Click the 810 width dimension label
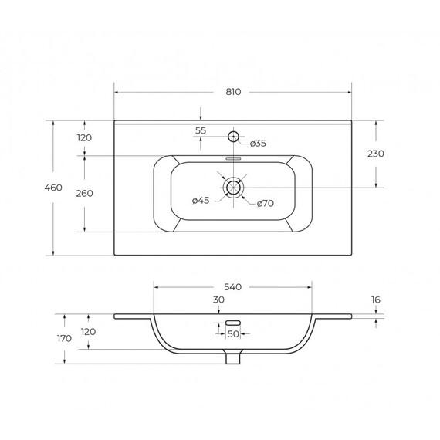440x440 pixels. (x=233, y=92)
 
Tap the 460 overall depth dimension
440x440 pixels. (x=53, y=188)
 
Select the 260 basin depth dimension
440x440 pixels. (x=84, y=193)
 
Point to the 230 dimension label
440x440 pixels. (x=376, y=154)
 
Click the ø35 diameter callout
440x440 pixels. (x=258, y=143)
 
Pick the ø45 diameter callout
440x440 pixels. (x=201, y=201)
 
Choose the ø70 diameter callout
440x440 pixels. (x=266, y=203)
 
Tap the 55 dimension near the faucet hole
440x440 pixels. (x=201, y=130)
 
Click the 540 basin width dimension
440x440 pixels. (x=232, y=287)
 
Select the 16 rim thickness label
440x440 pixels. (x=376, y=300)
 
